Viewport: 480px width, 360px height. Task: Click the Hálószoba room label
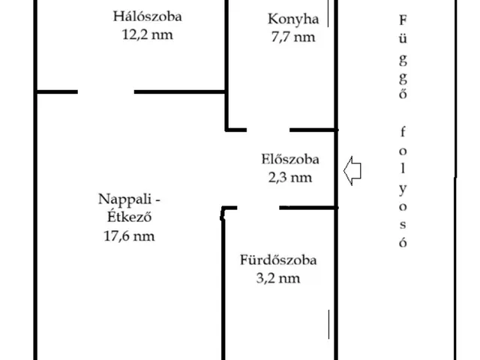point(148,16)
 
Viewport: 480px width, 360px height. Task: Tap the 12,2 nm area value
point(148,34)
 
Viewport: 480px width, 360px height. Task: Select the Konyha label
point(293,19)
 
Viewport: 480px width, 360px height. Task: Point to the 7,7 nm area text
point(293,37)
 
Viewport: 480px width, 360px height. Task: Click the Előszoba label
point(290,159)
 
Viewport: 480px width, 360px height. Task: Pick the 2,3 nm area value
point(290,178)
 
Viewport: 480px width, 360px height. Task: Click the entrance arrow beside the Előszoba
point(352,171)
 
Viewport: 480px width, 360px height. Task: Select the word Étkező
point(130,217)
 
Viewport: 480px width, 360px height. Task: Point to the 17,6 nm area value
point(129,236)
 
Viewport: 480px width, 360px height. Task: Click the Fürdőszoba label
point(278,260)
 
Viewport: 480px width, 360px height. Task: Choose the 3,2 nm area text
point(278,278)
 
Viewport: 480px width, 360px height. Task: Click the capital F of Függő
point(403,20)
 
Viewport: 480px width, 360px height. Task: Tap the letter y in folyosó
point(403,189)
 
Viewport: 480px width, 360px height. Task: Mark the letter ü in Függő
point(403,38)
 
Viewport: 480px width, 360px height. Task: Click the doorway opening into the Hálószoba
point(106,91)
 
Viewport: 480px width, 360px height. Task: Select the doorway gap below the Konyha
point(268,130)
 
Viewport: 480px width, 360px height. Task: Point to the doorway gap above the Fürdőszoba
point(258,208)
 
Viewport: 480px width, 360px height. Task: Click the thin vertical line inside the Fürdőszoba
point(328,325)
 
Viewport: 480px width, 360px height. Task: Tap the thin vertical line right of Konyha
point(328,13)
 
